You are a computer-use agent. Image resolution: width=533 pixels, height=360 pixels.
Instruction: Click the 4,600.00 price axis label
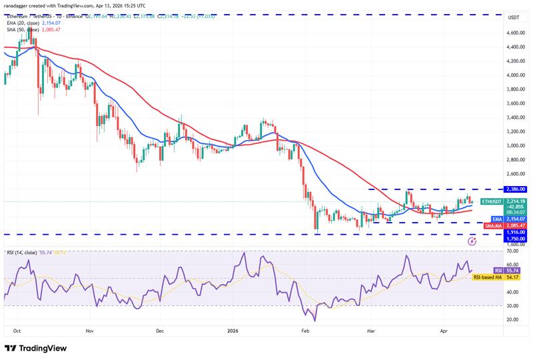click(x=516, y=32)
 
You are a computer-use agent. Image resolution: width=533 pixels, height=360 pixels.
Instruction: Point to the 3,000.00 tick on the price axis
click(x=516, y=145)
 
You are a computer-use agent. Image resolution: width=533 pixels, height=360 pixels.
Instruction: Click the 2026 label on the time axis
click(x=233, y=329)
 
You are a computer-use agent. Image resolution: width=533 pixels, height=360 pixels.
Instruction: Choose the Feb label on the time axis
click(x=305, y=329)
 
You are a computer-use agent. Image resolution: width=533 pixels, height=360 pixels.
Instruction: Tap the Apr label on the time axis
click(x=444, y=329)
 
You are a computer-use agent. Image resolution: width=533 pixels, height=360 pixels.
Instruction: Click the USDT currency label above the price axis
click(x=514, y=17)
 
